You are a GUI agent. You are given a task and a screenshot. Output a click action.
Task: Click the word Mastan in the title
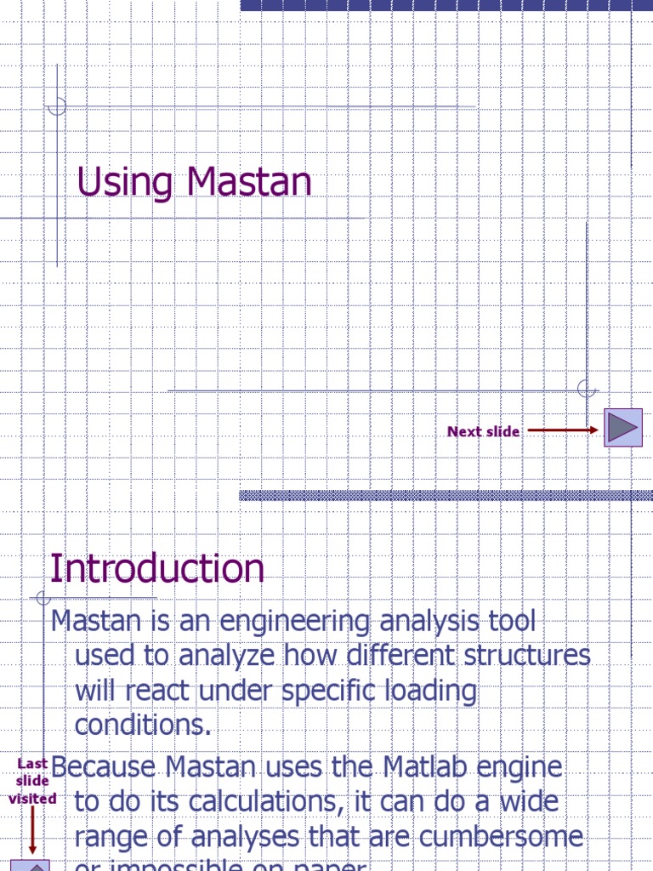coord(250,182)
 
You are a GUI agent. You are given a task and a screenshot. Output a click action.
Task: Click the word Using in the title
coord(126,184)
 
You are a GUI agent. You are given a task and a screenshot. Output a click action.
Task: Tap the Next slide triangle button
coord(622,427)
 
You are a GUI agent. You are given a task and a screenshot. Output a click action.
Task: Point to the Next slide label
coord(483,431)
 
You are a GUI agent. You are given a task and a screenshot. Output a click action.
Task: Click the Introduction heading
coord(157,568)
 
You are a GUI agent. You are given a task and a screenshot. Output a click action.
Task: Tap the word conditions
coord(143,725)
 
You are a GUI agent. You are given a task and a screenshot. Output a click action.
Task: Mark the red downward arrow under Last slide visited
coord(32,830)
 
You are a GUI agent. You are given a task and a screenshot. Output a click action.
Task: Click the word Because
coord(105,767)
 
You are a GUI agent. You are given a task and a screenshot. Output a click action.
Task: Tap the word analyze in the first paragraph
coord(227,657)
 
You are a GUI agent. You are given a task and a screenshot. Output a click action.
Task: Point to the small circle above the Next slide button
coord(586,389)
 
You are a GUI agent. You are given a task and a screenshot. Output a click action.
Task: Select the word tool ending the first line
coord(509,622)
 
